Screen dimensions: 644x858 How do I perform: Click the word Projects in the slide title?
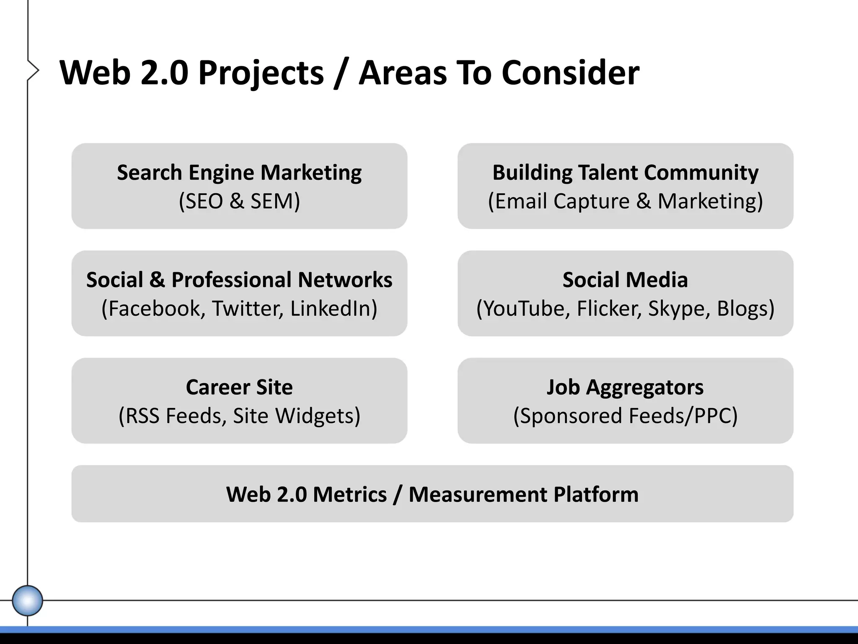(261, 73)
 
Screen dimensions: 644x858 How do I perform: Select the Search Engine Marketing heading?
(239, 172)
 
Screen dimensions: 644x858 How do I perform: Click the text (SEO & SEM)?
(239, 201)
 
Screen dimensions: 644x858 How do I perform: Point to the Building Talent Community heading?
(625, 172)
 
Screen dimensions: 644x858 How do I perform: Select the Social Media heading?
(625, 280)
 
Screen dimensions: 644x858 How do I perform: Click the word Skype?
(679, 309)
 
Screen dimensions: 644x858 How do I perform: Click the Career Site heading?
(239, 387)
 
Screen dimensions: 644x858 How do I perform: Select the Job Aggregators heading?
(625, 387)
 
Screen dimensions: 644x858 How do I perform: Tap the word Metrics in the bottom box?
(350, 494)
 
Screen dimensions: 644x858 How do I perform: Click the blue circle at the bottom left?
(27, 600)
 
